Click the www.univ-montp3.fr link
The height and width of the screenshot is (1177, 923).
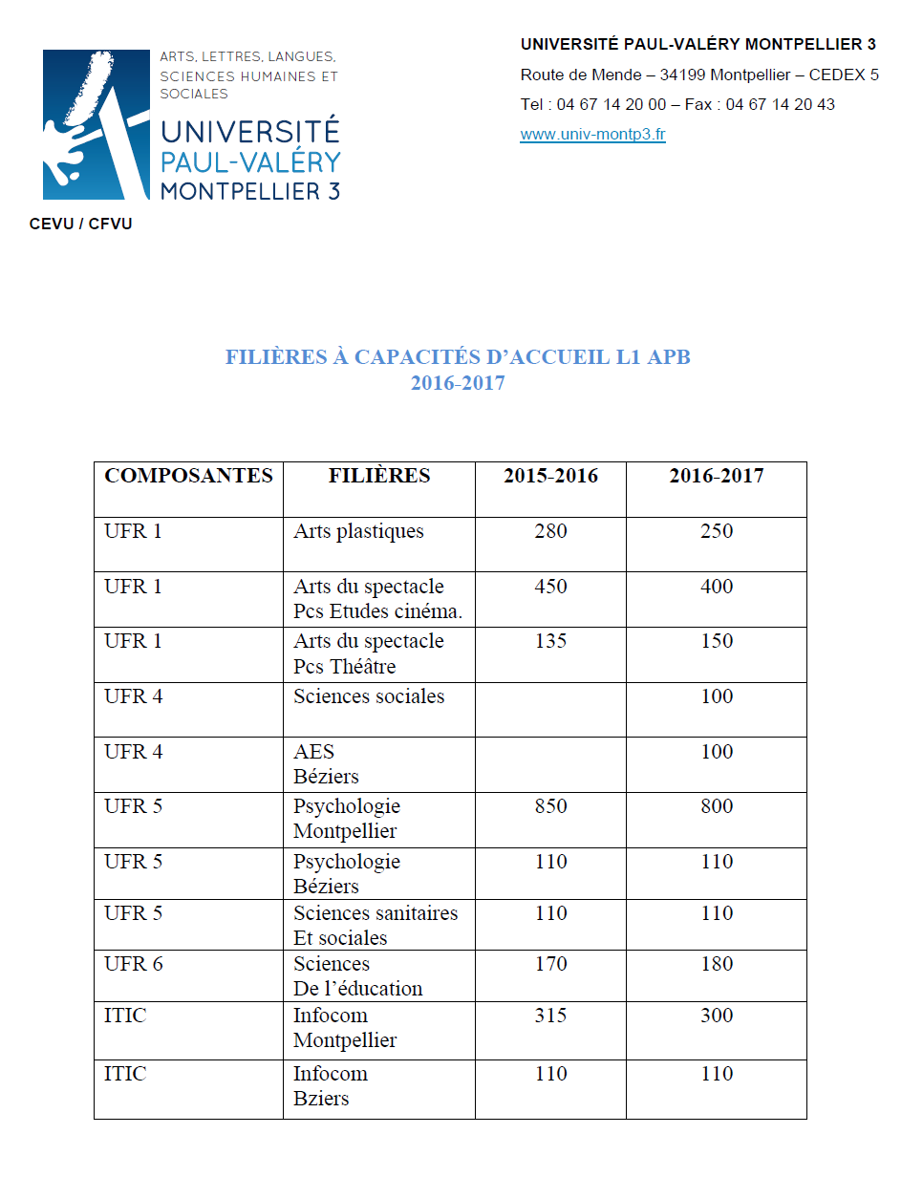pyautogui.click(x=592, y=135)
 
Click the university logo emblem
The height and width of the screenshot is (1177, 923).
pyautogui.click(x=96, y=124)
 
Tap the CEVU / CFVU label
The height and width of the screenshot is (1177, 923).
pyautogui.click(x=81, y=225)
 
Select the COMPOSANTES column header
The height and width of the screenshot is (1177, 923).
pyautogui.click(x=188, y=476)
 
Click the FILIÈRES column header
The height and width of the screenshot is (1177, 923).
pyautogui.click(x=379, y=476)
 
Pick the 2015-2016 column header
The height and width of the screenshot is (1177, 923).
pyautogui.click(x=550, y=476)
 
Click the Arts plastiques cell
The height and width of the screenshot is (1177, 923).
pyautogui.click(x=358, y=531)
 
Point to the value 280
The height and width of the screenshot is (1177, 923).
pyautogui.click(x=550, y=531)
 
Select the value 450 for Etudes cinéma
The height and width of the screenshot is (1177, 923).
pyautogui.click(x=550, y=587)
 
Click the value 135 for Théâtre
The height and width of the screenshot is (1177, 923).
pyautogui.click(x=550, y=641)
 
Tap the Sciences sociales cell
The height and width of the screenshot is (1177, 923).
pyautogui.click(x=369, y=696)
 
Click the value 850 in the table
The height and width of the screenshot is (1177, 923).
pyautogui.click(x=550, y=806)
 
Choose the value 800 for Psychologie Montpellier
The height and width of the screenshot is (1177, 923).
pyautogui.click(x=717, y=806)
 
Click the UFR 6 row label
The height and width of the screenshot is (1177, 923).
pyautogui.click(x=133, y=964)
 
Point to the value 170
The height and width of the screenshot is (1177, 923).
pyautogui.click(x=550, y=964)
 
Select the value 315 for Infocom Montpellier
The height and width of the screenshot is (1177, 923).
pyautogui.click(x=550, y=1016)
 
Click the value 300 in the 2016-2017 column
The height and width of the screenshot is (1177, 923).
pyautogui.click(x=717, y=1016)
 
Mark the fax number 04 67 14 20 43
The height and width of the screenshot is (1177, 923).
pyautogui.click(x=780, y=105)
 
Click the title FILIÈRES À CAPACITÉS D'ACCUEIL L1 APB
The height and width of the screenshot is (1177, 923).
pyautogui.click(x=458, y=357)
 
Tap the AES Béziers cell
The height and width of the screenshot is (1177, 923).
pyautogui.click(x=326, y=763)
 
